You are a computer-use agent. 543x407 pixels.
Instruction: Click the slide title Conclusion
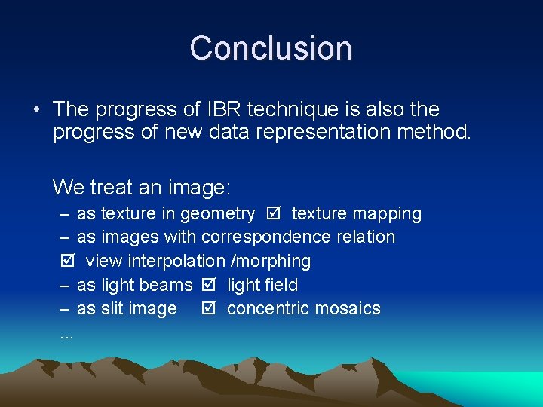[x=271, y=48]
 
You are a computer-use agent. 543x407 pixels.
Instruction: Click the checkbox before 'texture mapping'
[x=273, y=213]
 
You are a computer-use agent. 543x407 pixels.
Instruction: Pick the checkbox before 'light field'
[x=209, y=285]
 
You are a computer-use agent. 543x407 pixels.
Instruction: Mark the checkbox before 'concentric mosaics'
[x=209, y=308]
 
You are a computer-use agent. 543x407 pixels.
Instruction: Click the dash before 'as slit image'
[x=65, y=308]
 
